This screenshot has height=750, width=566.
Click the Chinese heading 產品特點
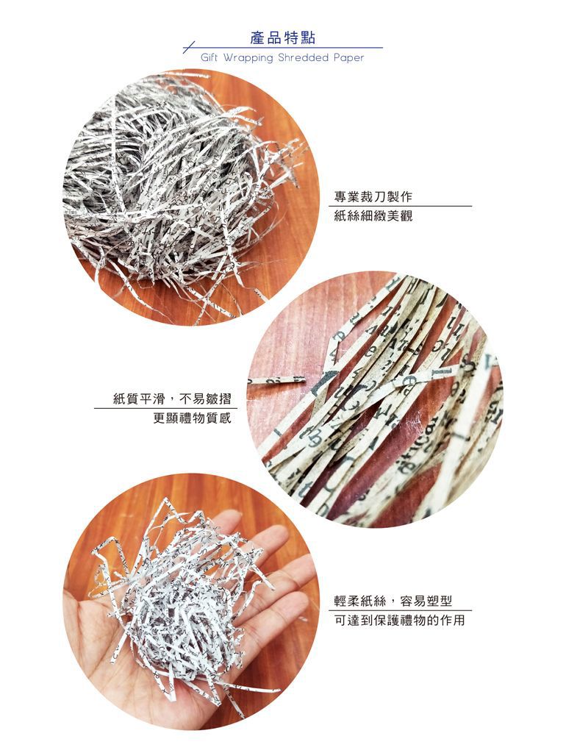(282, 37)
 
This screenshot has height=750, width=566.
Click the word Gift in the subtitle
(209, 58)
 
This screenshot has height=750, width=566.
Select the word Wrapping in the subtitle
(248, 58)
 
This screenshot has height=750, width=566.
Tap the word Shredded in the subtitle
(303, 58)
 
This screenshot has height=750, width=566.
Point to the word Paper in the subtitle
(349, 58)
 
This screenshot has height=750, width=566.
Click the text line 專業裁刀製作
(373, 196)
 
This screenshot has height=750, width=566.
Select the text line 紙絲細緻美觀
(373, 216)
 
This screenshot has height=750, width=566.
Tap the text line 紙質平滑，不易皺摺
(172, 399)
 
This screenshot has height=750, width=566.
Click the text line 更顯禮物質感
(192, 418)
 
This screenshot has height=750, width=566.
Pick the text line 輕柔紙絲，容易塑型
(393, 601)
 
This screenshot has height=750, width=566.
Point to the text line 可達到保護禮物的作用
(399, 621)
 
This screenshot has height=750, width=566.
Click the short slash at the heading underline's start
(189, 47)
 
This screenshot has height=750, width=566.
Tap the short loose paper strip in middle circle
(277, 381)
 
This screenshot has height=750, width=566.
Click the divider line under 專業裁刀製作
(400, 206)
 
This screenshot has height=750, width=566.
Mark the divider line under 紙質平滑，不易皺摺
(165, 408)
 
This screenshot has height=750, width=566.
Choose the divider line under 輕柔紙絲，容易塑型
(400, 610)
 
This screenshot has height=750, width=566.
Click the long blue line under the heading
(283, 48)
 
